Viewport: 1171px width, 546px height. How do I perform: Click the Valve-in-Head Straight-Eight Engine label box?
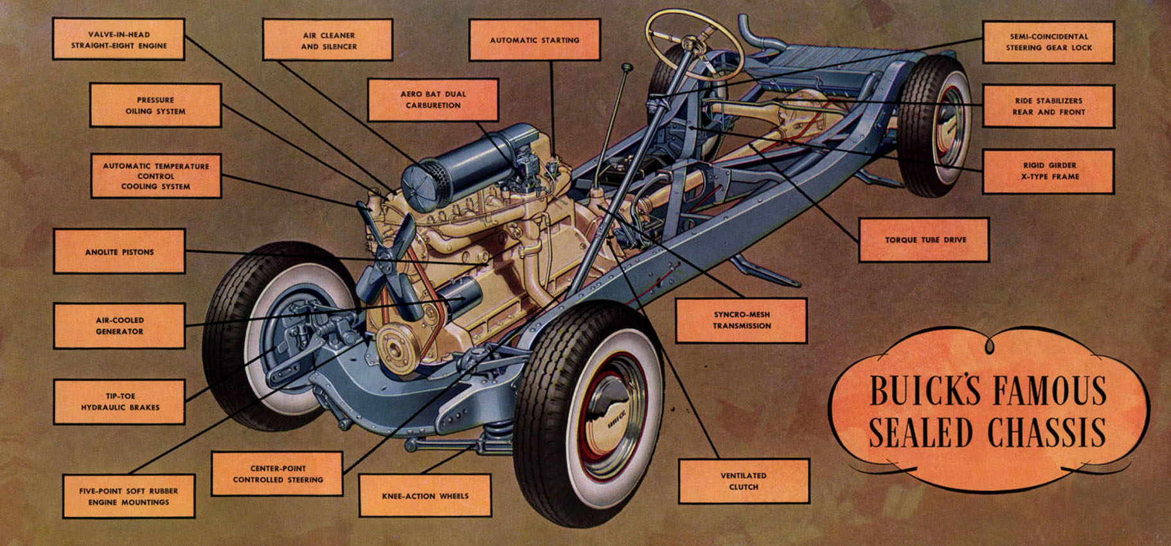119,39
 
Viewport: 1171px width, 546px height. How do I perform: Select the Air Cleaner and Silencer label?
328,40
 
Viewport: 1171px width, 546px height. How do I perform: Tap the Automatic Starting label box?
535,40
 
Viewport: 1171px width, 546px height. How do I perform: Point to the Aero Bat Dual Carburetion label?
433,100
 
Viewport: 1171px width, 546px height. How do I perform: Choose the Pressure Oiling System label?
156,105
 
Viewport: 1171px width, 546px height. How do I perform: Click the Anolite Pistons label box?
120,251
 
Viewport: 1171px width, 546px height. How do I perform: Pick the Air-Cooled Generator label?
120,326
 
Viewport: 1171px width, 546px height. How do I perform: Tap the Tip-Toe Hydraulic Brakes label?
120,401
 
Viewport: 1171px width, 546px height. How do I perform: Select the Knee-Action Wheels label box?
425,495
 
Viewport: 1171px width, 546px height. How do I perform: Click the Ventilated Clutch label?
744,481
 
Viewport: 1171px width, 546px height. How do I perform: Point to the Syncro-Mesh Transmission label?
741,320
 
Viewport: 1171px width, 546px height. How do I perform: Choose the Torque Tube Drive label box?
924,240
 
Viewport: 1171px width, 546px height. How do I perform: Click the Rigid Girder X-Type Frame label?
1049,171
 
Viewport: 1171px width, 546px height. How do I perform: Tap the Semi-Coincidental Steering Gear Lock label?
1049,42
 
